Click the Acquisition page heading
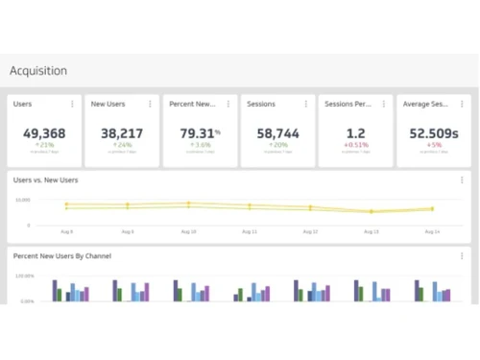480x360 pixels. tap(38, 71)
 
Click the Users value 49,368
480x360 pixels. tap(44, 133)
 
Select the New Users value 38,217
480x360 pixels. tap(122, 133)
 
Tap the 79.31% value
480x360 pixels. tap(199, 133)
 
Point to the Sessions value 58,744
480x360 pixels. tap(277, 133)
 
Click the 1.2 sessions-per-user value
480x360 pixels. tap(355, 133)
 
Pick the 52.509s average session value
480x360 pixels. tap(433, 133)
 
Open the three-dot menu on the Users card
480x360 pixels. tap(72, 104)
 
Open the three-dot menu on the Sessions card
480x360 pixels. tap(305, 104)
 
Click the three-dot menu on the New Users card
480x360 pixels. tap(150, 104)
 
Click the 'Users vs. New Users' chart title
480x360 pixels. tap(45, 180)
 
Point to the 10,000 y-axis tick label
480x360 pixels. tap(23, 200)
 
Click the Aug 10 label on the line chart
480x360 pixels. tap(187, 232)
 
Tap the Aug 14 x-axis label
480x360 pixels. tap(431, 232)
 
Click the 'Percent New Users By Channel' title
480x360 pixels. tap(61, 256)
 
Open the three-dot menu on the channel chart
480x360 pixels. tap(462, 256)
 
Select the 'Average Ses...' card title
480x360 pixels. tap(426, 104)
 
